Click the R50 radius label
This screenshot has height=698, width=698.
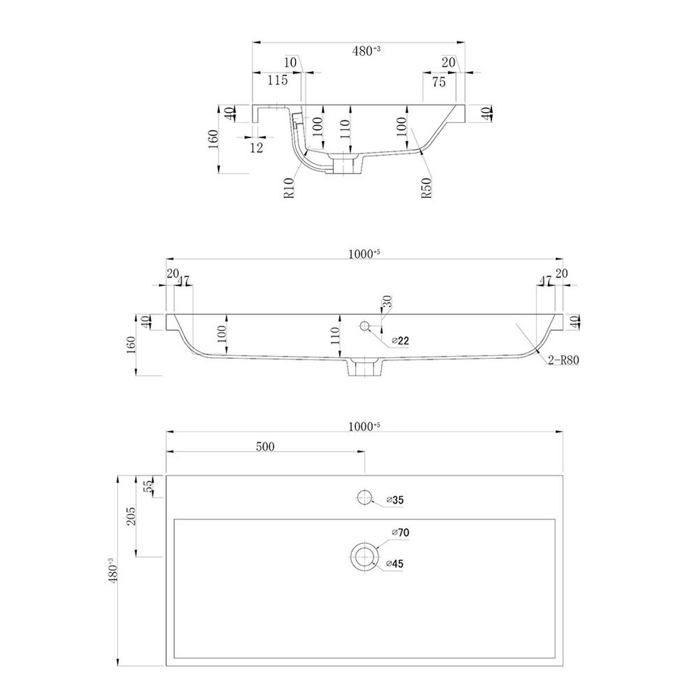click(x=428, y=188)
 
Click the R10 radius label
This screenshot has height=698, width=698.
click(x=289, y=188)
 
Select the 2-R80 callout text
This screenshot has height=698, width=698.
click(x=563, y=360)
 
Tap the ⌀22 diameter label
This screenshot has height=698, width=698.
click(x=401, y=340)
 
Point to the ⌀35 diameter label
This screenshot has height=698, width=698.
click(x=395, y=500)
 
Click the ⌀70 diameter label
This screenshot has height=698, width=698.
click(x=401, y=532)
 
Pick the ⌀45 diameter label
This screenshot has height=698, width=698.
click(x=395, y=564)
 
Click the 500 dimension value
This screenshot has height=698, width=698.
click(x=265, y=447)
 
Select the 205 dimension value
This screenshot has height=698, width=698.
click(x=131, y=516)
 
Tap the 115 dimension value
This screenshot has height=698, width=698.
click(x=277, y=80)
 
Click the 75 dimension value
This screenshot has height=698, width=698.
click(x=439, y=82)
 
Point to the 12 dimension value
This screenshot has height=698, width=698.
click(x=257, y=148)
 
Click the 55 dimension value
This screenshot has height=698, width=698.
click(x=148, y=486)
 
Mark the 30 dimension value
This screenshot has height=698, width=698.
click(x=387, y=301)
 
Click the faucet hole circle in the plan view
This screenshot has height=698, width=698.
click(x=364, y=497)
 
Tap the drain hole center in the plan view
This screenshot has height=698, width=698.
click(x=364, y=557)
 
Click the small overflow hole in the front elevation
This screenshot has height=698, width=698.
click(x=364, y=326)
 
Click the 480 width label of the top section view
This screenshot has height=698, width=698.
click(x=366, y=51)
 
